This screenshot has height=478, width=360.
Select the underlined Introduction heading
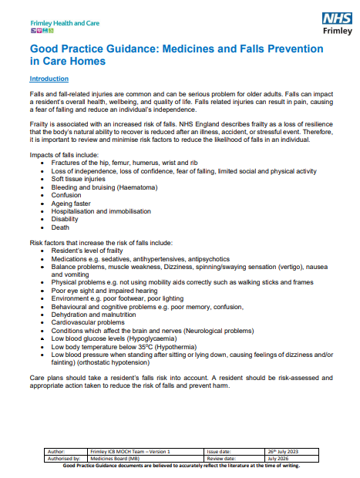coord(48,79)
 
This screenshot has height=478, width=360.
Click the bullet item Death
coord(61,227)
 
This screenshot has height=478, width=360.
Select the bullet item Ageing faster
coord(71,204)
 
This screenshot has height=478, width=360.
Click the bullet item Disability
coord(65,220)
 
